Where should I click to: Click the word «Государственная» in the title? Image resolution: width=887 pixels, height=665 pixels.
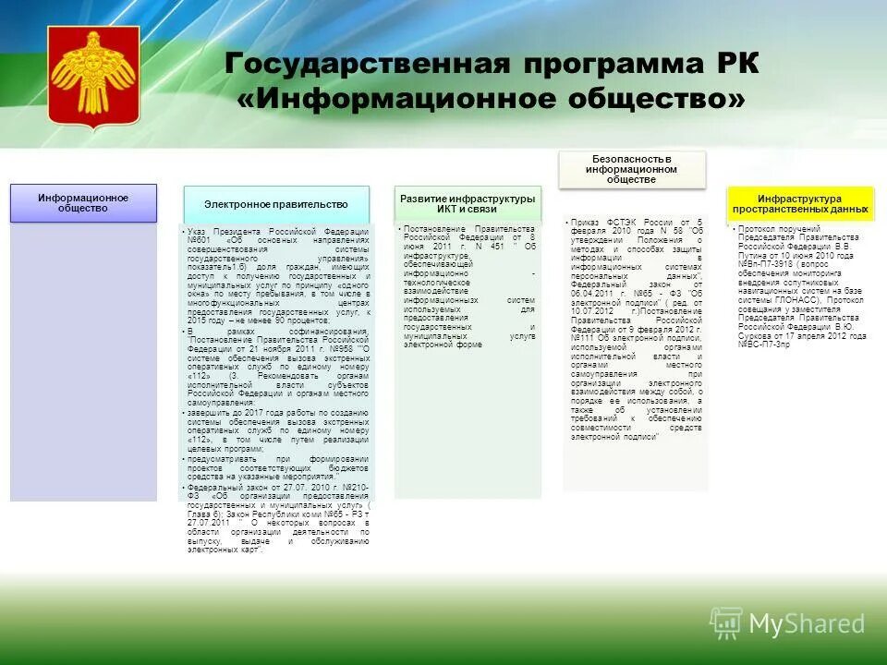[368, 66]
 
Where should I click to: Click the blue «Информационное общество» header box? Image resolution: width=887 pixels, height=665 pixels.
[83, 202]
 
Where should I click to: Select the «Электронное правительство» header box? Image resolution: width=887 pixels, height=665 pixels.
[275, 203]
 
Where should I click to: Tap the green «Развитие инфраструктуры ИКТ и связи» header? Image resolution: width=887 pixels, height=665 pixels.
[467, 203]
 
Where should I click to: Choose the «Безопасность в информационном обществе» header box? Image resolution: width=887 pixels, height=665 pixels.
[632, 169]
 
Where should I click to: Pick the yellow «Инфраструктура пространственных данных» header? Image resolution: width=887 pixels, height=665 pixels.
[799, 203]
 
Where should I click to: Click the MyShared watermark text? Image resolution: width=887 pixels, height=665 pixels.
[807, 623]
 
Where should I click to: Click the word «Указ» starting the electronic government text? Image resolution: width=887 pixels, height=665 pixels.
[196, 231]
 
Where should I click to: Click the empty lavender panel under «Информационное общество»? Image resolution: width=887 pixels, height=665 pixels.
[83, 369]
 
